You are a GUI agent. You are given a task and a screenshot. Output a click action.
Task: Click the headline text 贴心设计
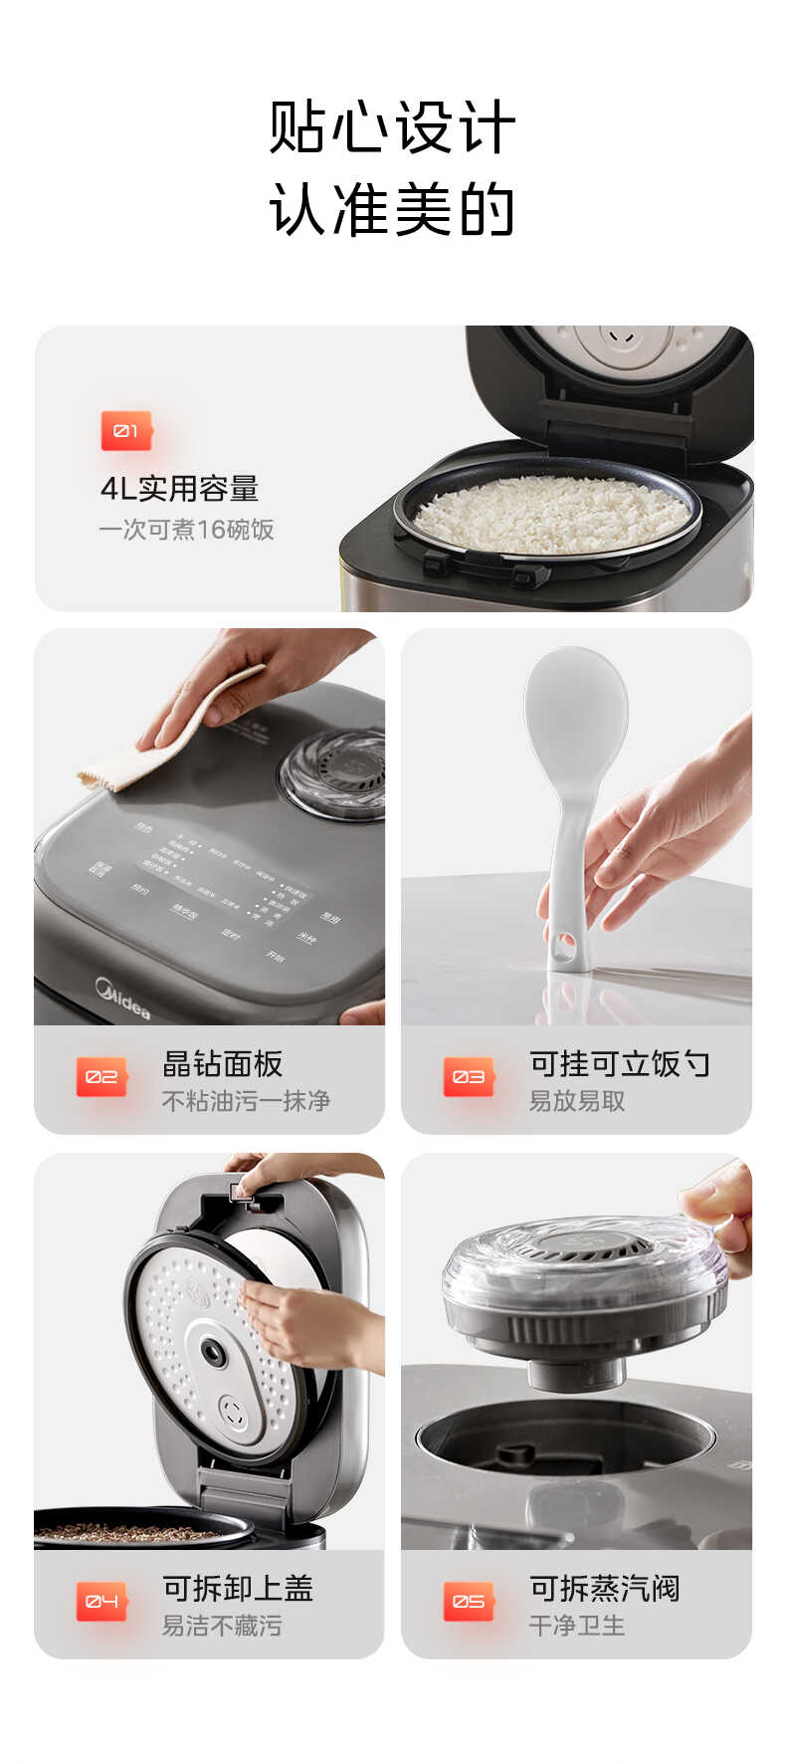click(392, 127)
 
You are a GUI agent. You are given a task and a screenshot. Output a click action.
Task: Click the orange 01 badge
click(126, 431)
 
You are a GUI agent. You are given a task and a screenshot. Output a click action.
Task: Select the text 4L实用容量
click(179, 489)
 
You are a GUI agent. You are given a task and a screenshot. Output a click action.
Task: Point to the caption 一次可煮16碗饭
click(186, 530)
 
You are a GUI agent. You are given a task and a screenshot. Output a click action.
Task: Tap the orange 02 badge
click(101, 1077)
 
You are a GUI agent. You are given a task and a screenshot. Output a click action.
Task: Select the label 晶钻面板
click(223, 1063)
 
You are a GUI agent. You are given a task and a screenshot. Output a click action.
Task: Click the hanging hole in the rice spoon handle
click(563, 944)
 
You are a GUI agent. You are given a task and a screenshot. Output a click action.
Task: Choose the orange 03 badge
click(469, 1077)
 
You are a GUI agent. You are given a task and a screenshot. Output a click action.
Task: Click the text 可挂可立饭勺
click(619, 1063)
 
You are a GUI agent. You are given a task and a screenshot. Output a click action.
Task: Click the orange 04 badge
click(101, 1602)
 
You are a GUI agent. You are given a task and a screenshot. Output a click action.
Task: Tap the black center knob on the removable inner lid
click(213, 1351)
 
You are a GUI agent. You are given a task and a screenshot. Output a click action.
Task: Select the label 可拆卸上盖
click(238, 1588)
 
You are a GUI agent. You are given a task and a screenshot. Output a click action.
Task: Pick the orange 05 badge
click(469, 1602)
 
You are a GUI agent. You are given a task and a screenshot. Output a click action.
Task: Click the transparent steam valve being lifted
click(585, 1284)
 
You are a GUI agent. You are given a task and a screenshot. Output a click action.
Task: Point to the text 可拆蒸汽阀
click(604, 1588)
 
